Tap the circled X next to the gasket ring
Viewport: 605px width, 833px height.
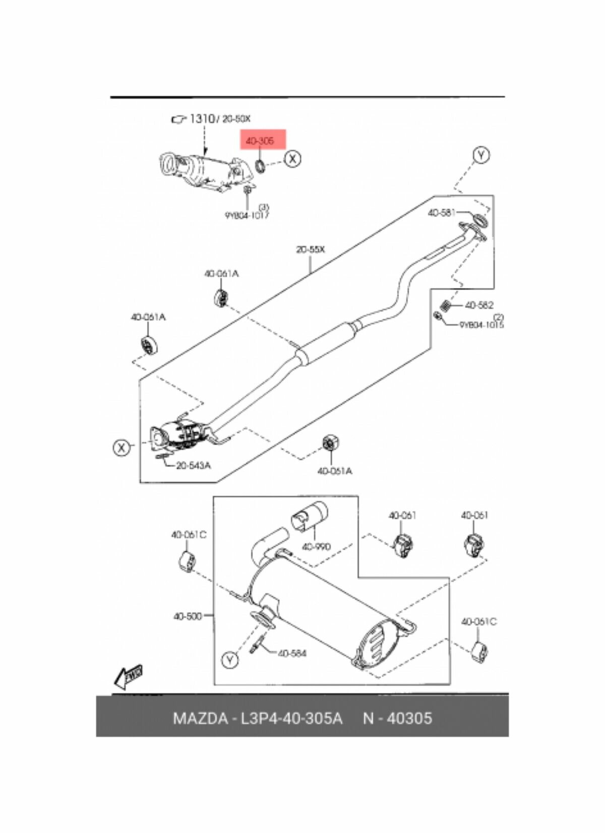tap(292, 159)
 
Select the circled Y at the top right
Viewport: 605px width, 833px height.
tap(481, 155)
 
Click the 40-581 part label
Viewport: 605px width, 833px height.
tap(441, 213)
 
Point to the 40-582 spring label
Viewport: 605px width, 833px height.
tap(479, 305)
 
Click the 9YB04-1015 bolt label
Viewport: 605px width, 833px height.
tap(481, 325)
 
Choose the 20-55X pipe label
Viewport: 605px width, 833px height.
tap(311, 250)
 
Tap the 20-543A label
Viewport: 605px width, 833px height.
tap(194, 466)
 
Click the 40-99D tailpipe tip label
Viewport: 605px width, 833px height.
tap(316, 546)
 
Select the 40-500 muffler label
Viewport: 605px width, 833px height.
tap(187, 616)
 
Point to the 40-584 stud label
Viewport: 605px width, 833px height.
tap(292, 654)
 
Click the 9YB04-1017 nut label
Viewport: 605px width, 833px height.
tap(247, 216)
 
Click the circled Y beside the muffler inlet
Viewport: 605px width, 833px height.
tap(230, 660)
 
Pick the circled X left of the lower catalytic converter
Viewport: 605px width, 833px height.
tap(121, 447)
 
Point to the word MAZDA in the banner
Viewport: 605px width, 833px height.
tap(200, 718)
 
